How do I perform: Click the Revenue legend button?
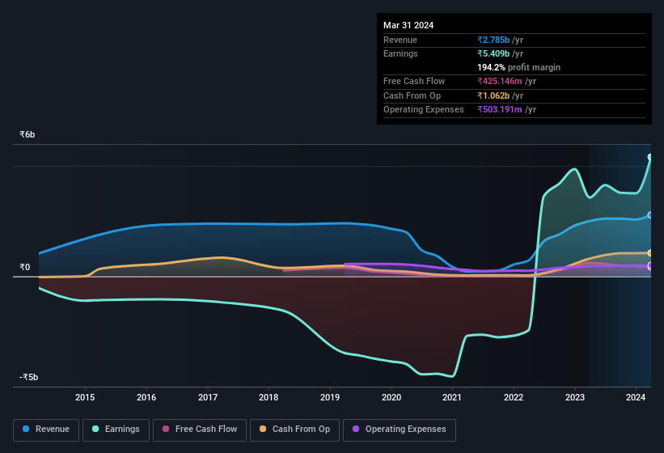47,430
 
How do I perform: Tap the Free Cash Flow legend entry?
200,430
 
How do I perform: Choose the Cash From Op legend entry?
295,430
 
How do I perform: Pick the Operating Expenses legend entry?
399,430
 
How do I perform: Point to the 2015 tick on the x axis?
85,397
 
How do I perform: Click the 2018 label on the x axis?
269,397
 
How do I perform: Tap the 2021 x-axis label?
452,397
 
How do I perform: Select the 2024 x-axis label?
636,397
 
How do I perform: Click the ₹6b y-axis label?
27,134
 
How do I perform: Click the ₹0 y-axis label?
25,267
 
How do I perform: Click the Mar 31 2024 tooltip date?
408,25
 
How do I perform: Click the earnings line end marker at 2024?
650,157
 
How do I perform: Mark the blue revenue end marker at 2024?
650,215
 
